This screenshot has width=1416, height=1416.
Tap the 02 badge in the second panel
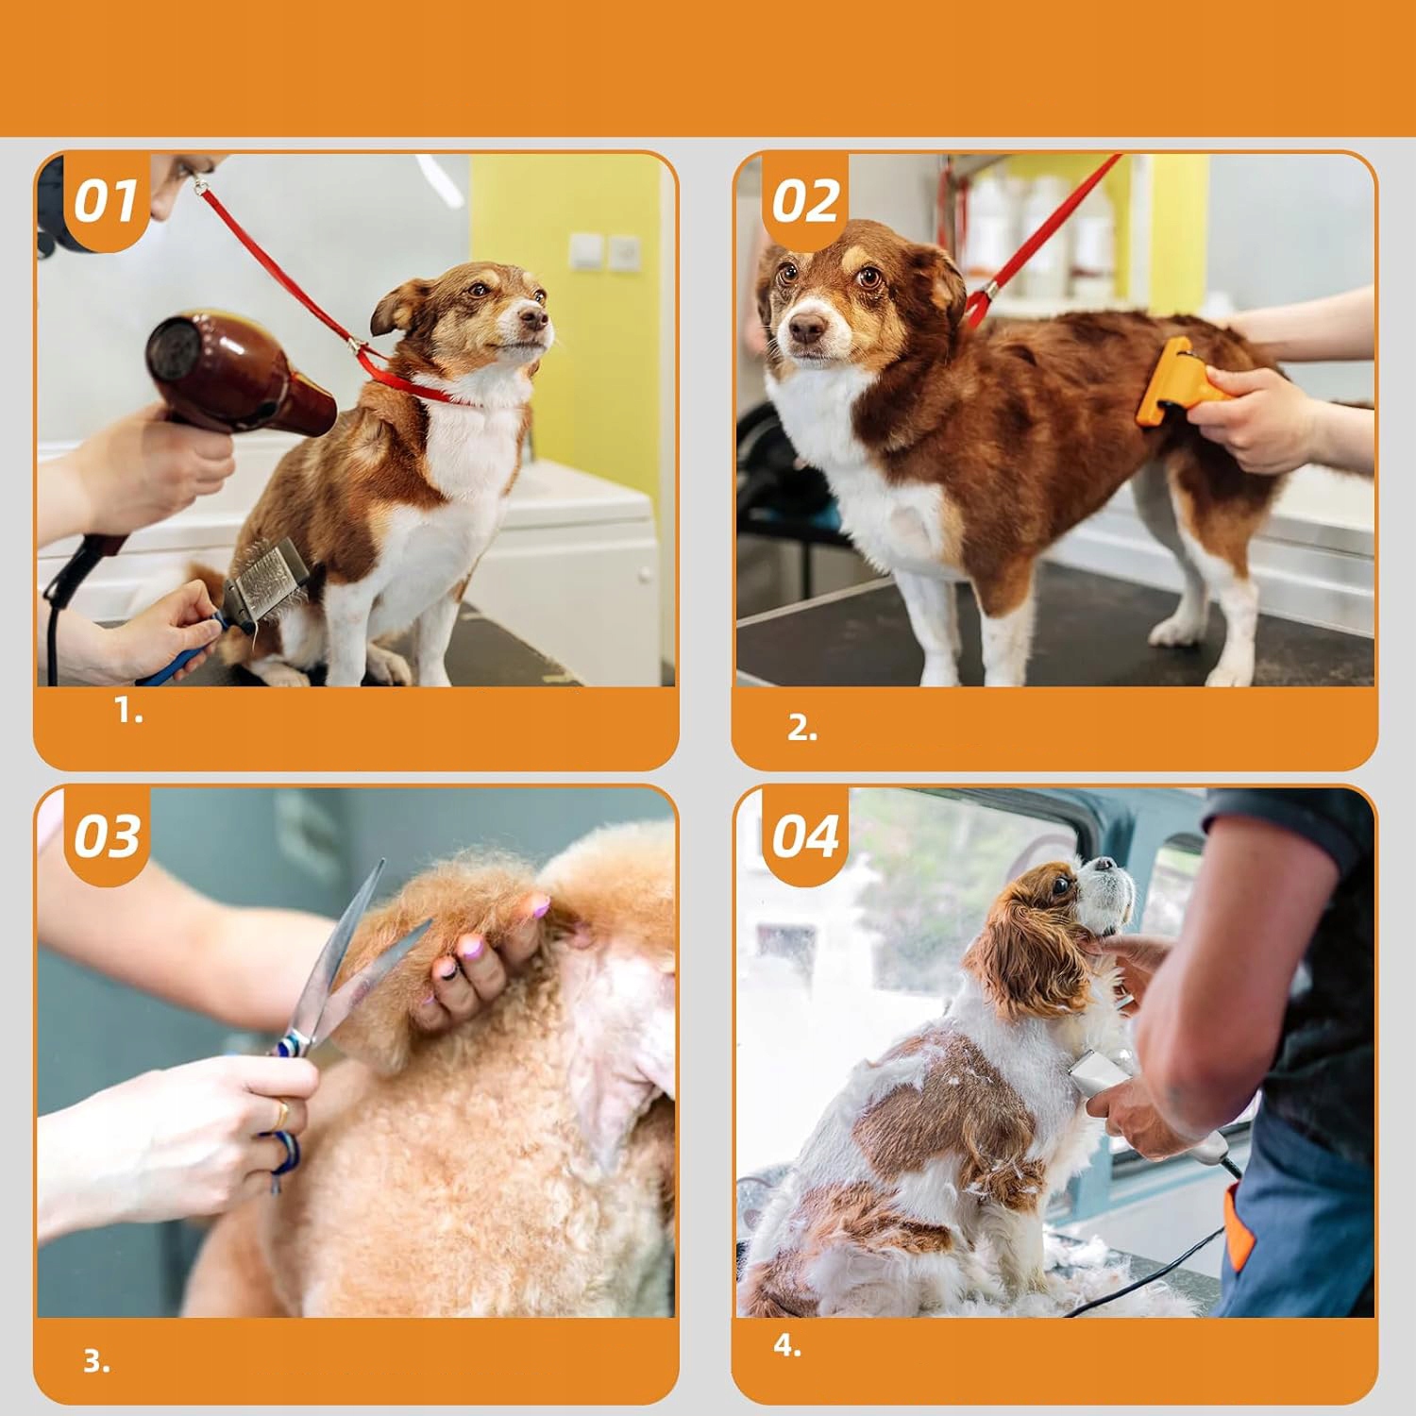(x=804, y=202)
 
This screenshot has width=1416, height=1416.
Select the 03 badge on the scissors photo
(x=107, y=836)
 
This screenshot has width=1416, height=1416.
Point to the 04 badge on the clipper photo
(x=804, y=836)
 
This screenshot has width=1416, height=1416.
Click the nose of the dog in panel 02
(x=806, y=329)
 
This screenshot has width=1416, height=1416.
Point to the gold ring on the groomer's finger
(x=281, y=1115)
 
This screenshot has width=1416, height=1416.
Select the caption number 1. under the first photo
(x=129, y=711)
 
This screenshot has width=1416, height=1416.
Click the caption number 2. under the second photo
(x=802, y=728)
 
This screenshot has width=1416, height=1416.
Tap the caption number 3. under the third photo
(x=96, y=1361)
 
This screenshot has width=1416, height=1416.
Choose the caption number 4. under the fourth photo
(x=787, y=1345)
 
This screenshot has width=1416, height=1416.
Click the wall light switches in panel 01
(x=605, y=251)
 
